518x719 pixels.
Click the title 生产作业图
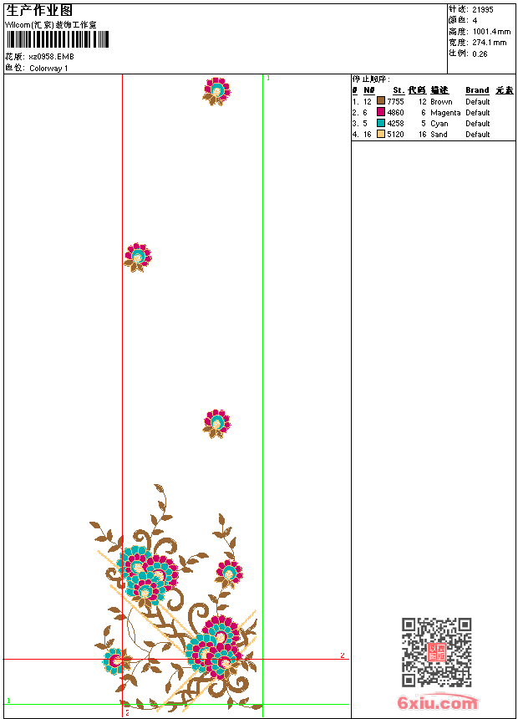(x=39, y=11)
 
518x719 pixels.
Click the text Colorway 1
(x=48, y=69)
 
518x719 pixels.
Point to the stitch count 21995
(x=483, y=9)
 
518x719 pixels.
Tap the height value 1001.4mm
(x=490, y=32)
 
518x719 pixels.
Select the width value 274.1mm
(x=489, y=43)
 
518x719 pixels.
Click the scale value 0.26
(x=480, y=54)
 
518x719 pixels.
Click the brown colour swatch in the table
(x=381, y=102)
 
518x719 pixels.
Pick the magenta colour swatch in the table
(x=381, y=113)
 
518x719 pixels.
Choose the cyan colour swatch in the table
(x=381, y=124)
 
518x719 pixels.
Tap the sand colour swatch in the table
(x=381, y=135)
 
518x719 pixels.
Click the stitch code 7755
(x=395, y=102)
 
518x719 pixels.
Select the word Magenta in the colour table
(x=445, y=113)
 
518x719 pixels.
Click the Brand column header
(x=477, y=90)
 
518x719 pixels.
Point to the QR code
(x=436, y=652)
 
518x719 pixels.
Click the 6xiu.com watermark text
(x=438, y=702)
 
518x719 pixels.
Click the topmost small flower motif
(x=217, y=90)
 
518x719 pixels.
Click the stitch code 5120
(x=395, y=135)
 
